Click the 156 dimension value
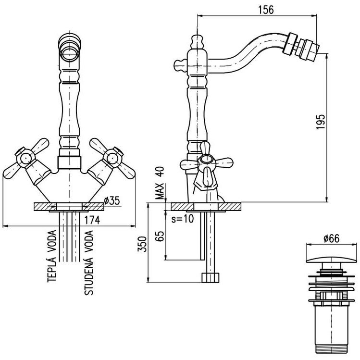click(266, 10)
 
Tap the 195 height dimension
click(321, 122)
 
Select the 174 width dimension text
click(92, 220)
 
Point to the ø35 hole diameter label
click(112, 200)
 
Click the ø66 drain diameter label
click(332, 238)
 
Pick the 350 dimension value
click(142, 244)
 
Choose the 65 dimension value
click(160, 236)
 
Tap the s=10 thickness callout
click(183, 219)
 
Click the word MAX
click(160, 191)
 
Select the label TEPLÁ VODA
click(51, 256)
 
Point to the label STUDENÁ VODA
click(89, 262)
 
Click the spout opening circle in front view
click(69, 53)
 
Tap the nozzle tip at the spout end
click(308, 50)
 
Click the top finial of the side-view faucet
click(197, 41)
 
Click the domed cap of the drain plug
click(332, 261)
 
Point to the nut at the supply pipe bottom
click(211, 278)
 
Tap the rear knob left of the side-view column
click(181, 65)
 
